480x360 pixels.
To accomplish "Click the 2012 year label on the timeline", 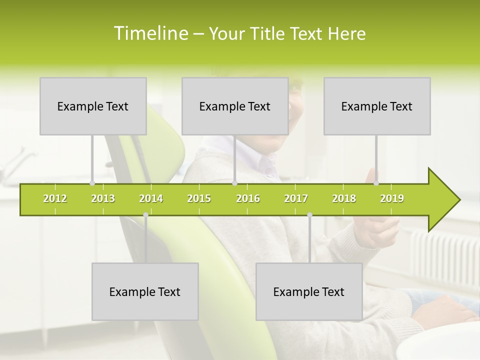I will (x=55, y=198).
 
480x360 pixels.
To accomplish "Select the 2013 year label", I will (x=103, y=198).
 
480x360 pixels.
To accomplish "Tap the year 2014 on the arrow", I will (x=151, y=198).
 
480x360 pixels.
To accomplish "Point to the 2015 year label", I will (x=199, y=198).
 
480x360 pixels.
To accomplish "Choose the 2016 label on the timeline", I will (x=248, y=198).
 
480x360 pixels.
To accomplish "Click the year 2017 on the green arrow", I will (x=296, y=198).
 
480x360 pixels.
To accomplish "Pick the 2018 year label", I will (x=344, y=198).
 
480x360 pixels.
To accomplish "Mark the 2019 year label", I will (x=392, y=198).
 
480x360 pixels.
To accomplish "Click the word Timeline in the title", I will (x=150, y=33).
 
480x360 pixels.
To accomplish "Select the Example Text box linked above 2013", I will (x=93, y=106).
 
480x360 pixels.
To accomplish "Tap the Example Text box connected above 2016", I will (x=235, y=106).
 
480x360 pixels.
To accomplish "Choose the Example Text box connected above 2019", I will (x=377, y=106).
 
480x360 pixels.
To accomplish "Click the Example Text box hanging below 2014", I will (x=145, y=291).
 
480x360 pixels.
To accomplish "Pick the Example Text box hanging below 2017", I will (x=309, y=291).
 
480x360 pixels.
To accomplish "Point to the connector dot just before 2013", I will (x=92, y=183).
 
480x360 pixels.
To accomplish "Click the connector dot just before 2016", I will (x=234, y=183).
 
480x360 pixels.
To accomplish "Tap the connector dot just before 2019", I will (x=376, y=183).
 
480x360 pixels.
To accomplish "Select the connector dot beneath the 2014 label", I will (x=145, y=215).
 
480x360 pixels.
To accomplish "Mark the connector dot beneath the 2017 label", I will (x=309, y=215).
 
